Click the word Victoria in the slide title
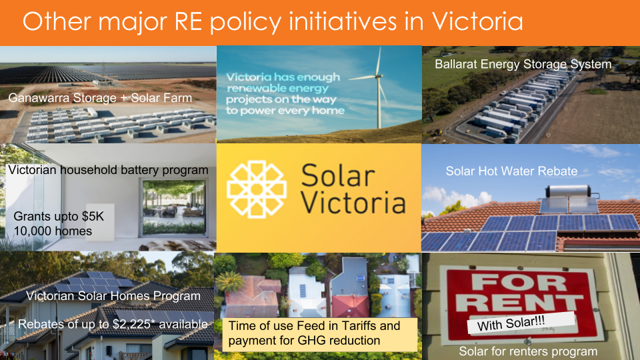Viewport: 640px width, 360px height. coord(477,21)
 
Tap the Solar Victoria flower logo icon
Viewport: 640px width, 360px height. coord(257,189)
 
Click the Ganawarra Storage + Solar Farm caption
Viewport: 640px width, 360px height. coord(100,98)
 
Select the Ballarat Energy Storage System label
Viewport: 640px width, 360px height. coord(523,65)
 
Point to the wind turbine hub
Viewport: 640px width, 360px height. coord(379,76)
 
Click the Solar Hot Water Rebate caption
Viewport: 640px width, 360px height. coord(511,171)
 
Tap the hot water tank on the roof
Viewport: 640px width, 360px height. coord(568,191)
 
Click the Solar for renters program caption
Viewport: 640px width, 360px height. coord(528,351)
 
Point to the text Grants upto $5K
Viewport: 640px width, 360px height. coord(59,216)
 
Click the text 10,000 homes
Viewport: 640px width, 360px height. coord(53,231)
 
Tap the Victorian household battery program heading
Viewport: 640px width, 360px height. coord(108,170)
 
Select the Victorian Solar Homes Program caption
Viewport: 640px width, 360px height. coord(113,296)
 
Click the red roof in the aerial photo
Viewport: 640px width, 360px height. coord(350,305)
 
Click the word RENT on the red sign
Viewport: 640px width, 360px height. coord(519,303)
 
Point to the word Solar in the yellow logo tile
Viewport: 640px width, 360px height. coord(338,176)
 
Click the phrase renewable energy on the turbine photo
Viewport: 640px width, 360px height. coord(277,88)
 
